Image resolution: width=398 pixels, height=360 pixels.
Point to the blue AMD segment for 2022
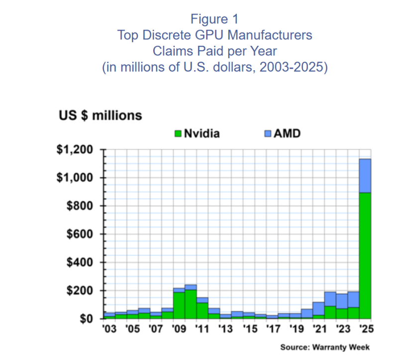click(330, 299)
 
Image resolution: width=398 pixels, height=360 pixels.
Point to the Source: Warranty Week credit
click(325, 347)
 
